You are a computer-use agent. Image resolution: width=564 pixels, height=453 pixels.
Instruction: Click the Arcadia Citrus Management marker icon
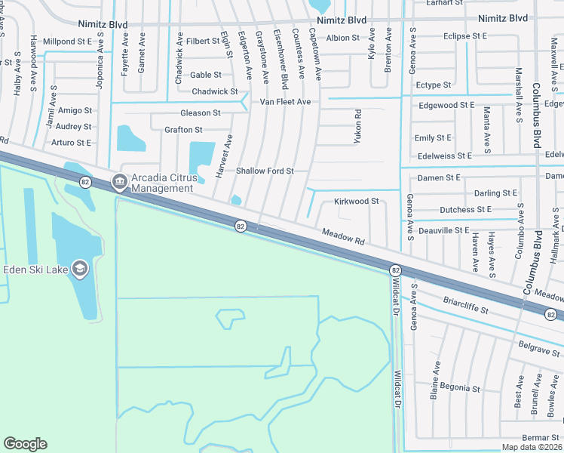pos(119,182)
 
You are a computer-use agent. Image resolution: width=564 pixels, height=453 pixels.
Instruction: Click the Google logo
pos(25,444)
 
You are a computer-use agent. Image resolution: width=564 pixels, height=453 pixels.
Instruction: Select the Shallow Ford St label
pos(265,171)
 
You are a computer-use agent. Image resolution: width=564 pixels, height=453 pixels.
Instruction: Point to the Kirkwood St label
pos(356,202)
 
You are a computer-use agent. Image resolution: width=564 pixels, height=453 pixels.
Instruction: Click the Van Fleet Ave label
pos(286,101)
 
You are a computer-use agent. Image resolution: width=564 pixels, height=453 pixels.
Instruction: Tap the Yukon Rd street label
pos(358,126)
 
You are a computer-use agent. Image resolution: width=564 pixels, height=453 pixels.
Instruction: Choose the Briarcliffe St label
pos(468,310)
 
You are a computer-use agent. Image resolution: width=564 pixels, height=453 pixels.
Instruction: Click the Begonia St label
pos(460,389)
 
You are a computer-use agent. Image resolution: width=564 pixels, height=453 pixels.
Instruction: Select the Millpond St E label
pos(68,41)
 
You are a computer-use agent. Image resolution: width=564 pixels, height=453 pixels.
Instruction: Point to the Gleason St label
pos(201,112)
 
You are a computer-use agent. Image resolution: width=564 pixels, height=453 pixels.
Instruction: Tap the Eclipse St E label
pos(465,36)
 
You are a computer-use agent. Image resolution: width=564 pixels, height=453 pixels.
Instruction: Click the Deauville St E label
pos(446,230)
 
